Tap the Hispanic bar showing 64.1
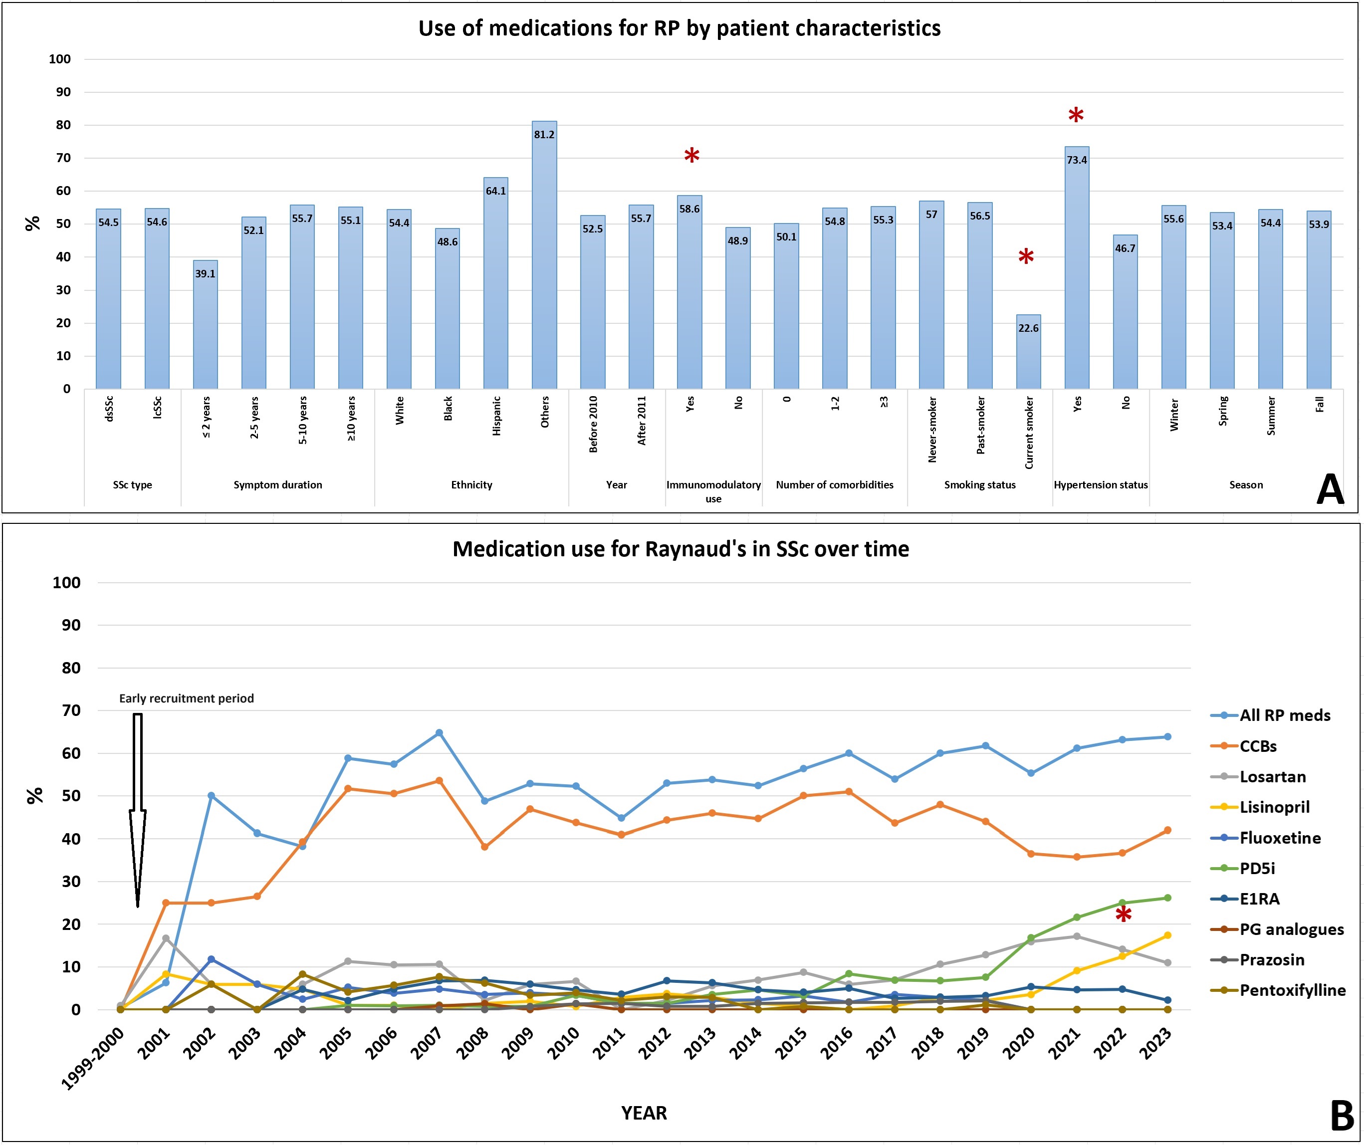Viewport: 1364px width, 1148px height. tap(496, 283)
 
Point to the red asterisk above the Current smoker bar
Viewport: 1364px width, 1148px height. tap(1026, 257)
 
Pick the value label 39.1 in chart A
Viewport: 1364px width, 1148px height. tap(205, 274)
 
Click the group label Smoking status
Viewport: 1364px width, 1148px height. tap(979, 485)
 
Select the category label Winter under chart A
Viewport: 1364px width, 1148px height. tap(1174, 415)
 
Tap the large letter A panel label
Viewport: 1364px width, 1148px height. tap(1330, 489)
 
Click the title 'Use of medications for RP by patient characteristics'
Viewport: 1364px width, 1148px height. tap(680, 28)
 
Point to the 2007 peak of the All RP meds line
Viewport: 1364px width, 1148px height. tap(439, 733)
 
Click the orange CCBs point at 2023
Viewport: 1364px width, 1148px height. tap(1167, 830)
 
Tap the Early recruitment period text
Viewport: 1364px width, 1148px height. tap(186, 698)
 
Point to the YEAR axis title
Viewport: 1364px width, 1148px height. tap(644, 1113)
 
